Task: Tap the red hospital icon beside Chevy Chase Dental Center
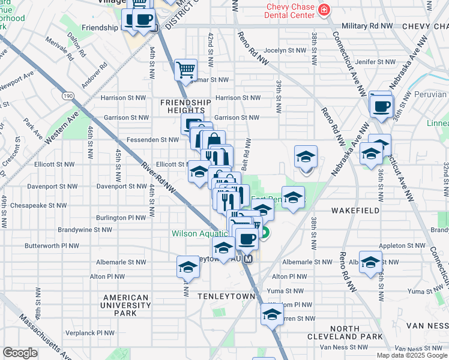[324, 9]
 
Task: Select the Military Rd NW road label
[366, 26]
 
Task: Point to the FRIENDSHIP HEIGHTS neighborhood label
[185, 106]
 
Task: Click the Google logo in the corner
[20, 353]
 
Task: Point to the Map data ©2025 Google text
[412, 355]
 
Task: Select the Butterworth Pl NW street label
[52, 246]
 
